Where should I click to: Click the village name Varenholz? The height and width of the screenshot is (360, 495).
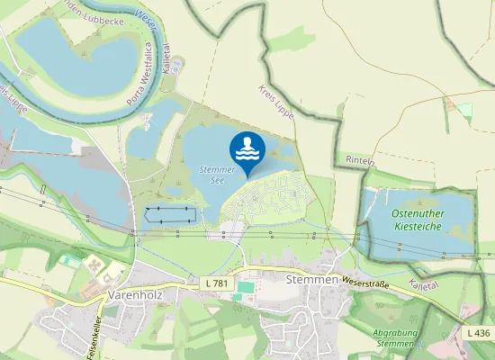(x=133, y=294)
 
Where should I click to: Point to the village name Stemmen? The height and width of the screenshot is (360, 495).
(x=310, y=280)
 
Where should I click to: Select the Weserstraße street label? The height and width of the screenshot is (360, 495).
(x=365, y=281)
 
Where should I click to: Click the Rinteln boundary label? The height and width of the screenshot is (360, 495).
(x=359, y=159)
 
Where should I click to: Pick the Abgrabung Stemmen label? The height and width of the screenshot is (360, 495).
(x=394, y=337)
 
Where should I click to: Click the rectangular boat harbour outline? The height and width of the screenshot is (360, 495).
(x=169, y=215)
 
